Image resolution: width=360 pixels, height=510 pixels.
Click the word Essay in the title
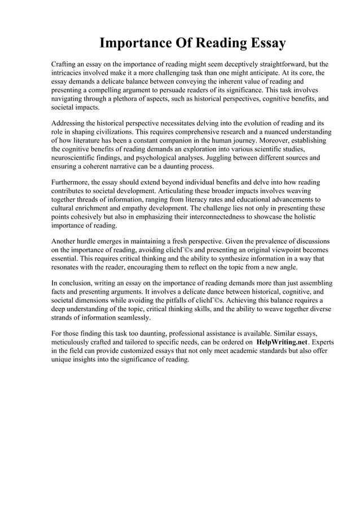click(x=263, y=43)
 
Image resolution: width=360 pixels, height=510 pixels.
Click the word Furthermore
click(x=70, y=182)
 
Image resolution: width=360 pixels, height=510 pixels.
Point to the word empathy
click(x=147, y=208)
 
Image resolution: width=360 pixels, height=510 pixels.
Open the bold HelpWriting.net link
click(x=280, y=342)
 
